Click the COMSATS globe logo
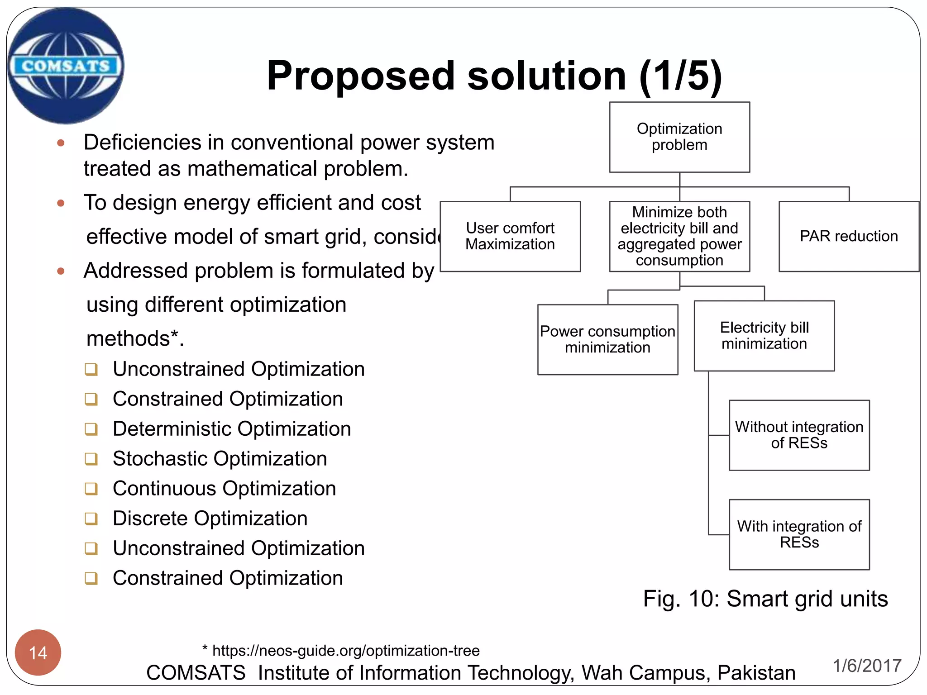[66, 66]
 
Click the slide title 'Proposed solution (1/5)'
[494, 76]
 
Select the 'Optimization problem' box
[679, 137]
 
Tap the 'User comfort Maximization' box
[510, 236]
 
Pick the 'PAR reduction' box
[849, 236]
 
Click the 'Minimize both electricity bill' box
[679, 236]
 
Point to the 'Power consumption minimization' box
[607, 339]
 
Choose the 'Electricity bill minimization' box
[764, 336]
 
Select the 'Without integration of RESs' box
[799, 435]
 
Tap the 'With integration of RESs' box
[799, 534]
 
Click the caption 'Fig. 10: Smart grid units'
[765, 599]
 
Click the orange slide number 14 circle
[38, 652]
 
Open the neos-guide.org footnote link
[346, 651]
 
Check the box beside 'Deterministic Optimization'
[91, 429]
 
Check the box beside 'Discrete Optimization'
[91, 519]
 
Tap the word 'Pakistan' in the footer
[756, 673]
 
